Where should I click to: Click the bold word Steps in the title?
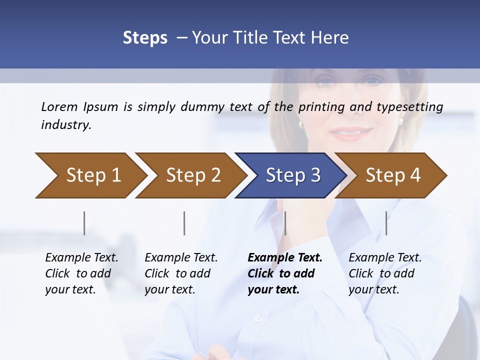[x=145, y=38]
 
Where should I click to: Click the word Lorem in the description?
[x=59, y=106]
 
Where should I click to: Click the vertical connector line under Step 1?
[x=84, y=223]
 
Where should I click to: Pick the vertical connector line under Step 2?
[x=184, y=223]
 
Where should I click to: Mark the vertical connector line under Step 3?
[x=285, y=223]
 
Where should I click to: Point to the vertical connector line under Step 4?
[x=386, y=223]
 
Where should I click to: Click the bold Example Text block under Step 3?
[x=284, y=273]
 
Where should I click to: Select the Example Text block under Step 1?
[x=81, y=273]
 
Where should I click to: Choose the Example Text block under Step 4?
[x=384, y=273]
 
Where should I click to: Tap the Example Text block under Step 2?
[x=180, y=273]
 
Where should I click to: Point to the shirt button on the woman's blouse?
[x=258, y=318]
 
